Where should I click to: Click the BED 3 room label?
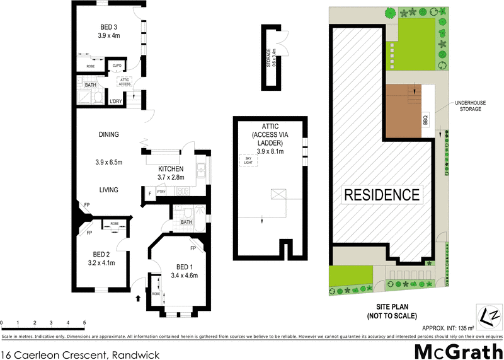pos(108,27)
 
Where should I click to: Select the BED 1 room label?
pos(185,266)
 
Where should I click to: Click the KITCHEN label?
pos(171,169)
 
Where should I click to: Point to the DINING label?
pos(108,134)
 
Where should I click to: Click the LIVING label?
pos(108,189)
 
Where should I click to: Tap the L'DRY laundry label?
pos(116,102)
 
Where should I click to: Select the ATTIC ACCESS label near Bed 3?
pos(125,82)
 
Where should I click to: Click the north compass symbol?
pos(489,315)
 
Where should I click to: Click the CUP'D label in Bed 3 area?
pos(117,66)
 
